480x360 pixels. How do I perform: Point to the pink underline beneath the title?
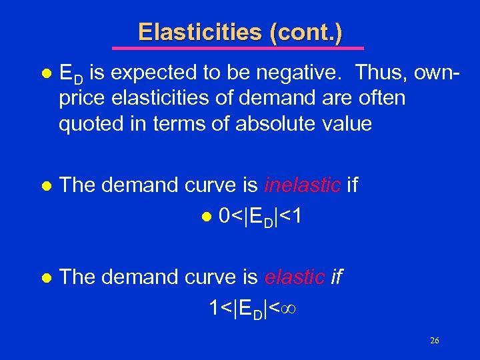click(x=238, y=48)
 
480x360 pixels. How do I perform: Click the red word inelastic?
click(x=303, y=185)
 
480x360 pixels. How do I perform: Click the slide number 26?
click(x=434, y=341)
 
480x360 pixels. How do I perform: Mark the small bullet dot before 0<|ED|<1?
click(x=207, y=217)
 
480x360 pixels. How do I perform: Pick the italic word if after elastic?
click(x=337, y=277)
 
